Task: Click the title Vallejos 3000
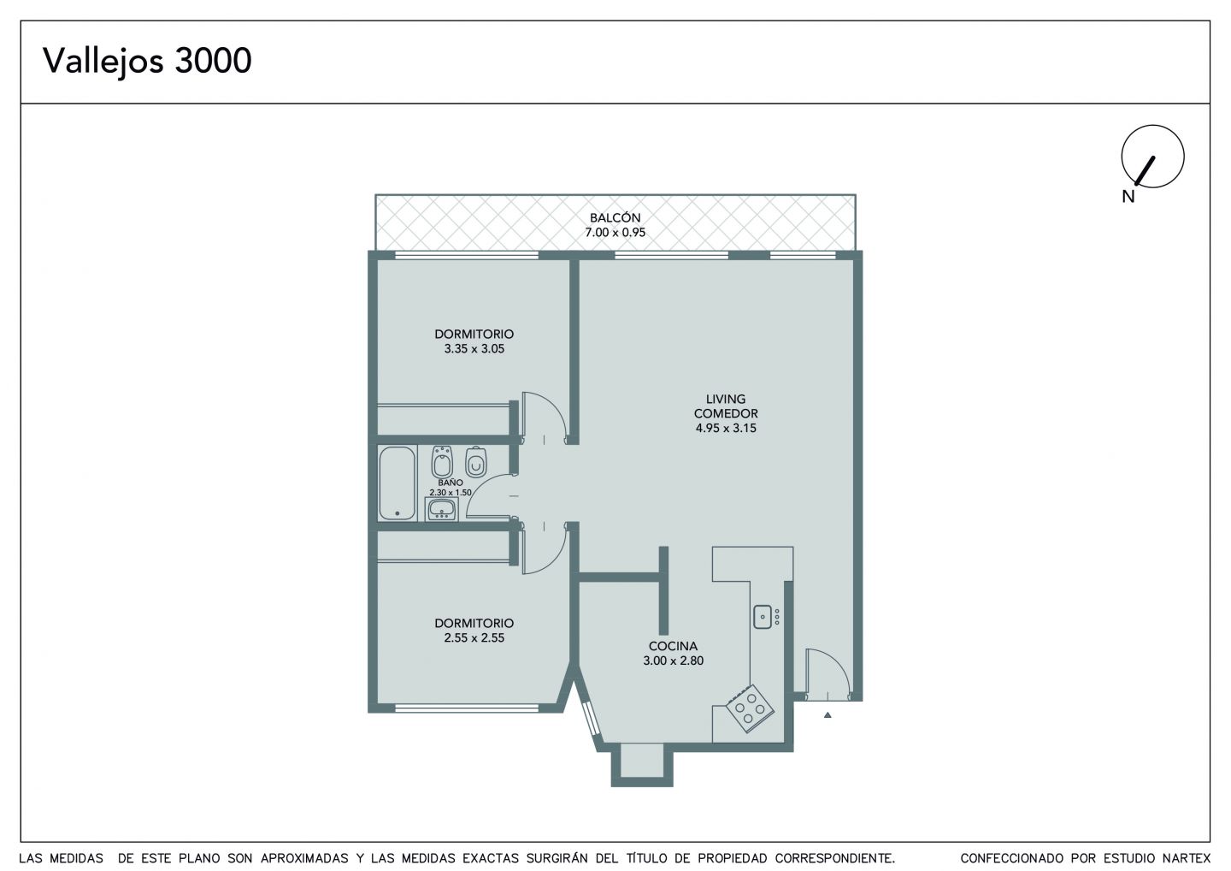(147, 61)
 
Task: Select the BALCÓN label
(615, 217)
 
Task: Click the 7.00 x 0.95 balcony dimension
(615, 232)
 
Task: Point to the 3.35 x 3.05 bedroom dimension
(474, 348)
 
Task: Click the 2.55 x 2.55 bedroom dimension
(474, 638)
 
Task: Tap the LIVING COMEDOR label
(726, 406)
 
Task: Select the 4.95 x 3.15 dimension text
(726, 428)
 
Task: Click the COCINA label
(674, 646)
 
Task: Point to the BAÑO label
(451, 483)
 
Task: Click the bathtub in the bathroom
(397, 483)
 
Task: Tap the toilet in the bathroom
(476, 462)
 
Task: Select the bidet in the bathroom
(442, 462)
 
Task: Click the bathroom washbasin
(441, 509)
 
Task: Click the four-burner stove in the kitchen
(750, 708)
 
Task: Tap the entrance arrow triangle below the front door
(828, 714)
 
